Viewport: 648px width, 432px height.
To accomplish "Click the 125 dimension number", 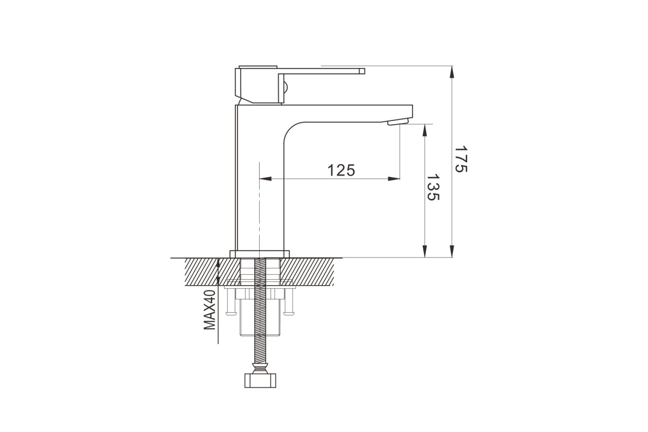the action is tap(341, 171).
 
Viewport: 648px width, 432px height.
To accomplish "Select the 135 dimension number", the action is tap(433, 187).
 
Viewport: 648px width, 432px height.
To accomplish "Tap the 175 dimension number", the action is tap(461, 159).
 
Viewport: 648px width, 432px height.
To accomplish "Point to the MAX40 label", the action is tap(210, 310).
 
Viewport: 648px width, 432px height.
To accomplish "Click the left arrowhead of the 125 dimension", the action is tap(266, 179).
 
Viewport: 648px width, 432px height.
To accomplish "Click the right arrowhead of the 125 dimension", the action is tap(394, 179).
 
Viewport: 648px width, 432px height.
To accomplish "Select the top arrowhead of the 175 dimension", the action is tap(452, 72).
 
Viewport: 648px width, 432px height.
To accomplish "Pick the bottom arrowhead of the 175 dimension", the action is tap(452, 251).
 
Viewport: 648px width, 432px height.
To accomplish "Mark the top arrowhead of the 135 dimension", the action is tap(424, 130).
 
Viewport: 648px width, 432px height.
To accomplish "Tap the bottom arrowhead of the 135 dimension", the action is tap(424, 251).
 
